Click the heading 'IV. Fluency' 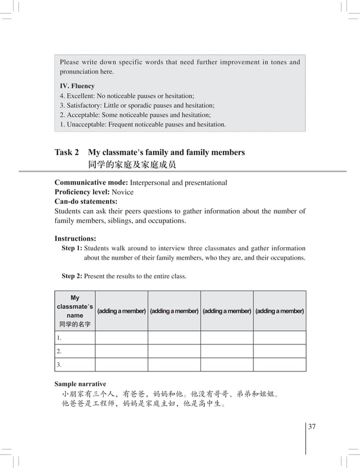(77, 86)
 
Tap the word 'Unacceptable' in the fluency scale (86, 124)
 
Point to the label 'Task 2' (66, 152)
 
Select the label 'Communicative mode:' (91, 183)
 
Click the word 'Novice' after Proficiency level (122, 192)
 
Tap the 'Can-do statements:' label (86, 202)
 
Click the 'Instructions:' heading (75, 238)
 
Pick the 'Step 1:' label (72, 248)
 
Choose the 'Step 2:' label (72, 276)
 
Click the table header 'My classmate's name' (75, 307)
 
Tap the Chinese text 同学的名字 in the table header (75, 325)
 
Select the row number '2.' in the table (59, 351)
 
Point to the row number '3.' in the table (59, 365)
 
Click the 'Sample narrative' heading (80, 384)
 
